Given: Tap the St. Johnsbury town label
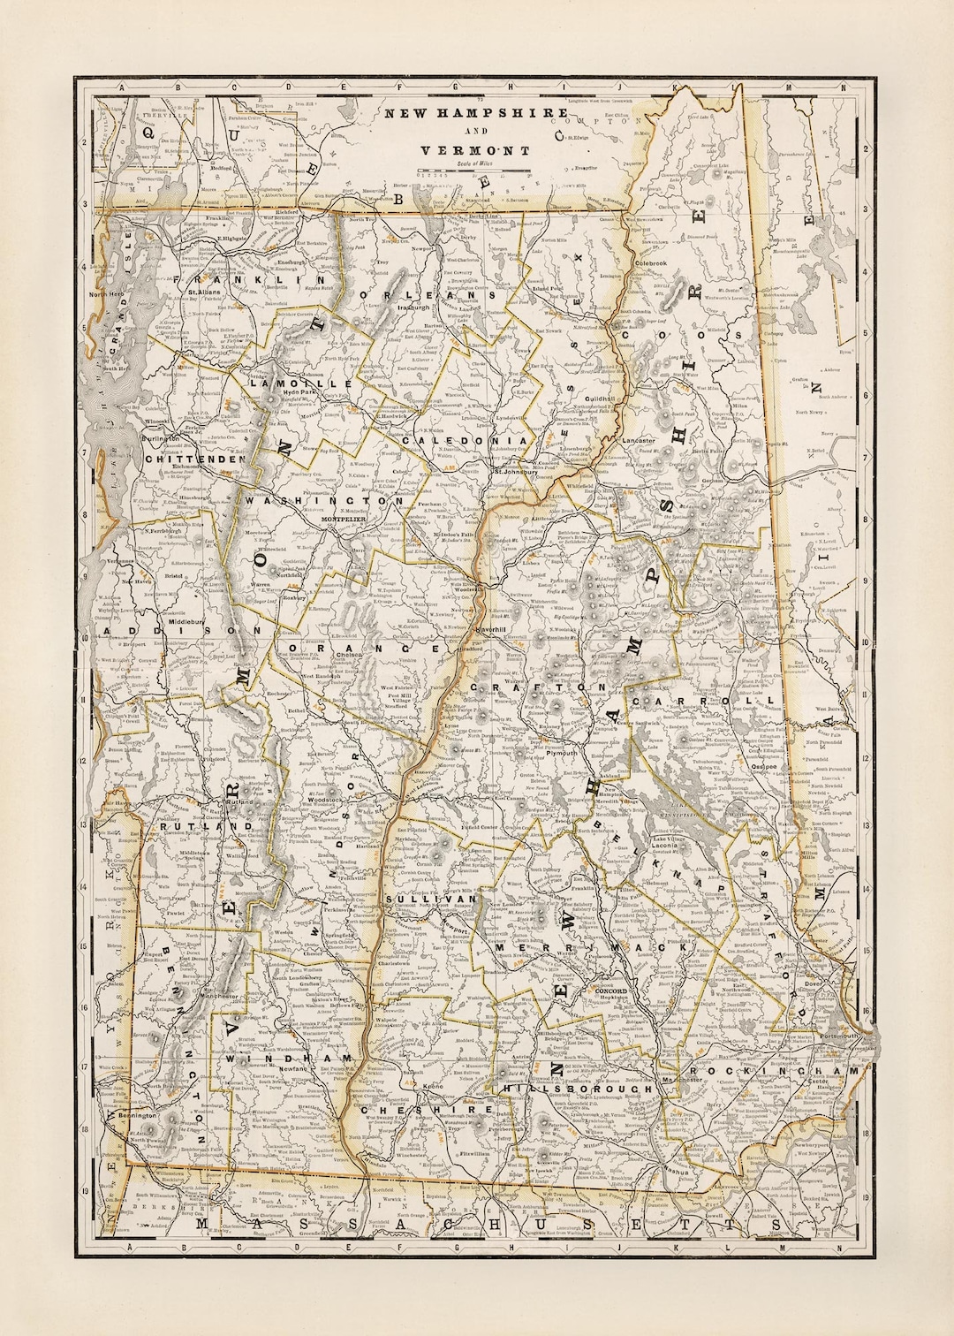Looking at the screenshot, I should (515, 472).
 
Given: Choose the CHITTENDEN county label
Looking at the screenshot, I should (188, 459).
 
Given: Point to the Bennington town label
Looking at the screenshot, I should (135, 1116).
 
